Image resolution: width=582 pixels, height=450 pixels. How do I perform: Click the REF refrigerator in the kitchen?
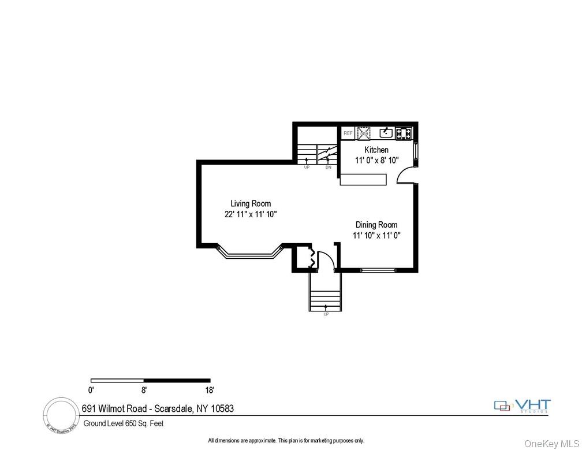[348, 133]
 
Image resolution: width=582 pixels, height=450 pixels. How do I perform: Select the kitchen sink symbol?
[386, 133]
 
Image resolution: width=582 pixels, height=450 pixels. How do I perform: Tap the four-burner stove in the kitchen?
[404, 133]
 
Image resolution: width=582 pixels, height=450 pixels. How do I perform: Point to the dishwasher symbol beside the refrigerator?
[364, 133]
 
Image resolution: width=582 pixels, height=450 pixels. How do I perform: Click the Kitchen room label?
[376, 150]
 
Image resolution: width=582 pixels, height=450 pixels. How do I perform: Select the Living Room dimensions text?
[251, 214]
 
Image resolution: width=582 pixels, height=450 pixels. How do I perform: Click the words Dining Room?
[376, 225]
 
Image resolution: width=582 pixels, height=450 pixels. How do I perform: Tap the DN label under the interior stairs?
[328, 168]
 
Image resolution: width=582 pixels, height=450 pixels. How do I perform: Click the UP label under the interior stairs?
[307, 168]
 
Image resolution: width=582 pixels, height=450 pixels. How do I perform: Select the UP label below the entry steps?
[326, 314]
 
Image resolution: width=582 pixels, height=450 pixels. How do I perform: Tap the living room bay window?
[249, 254]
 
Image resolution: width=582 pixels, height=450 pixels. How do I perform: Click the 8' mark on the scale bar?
[144, 389]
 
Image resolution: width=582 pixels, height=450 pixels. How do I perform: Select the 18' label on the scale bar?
[209, 389]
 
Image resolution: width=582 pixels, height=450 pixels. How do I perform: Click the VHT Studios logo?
[523, 406]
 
